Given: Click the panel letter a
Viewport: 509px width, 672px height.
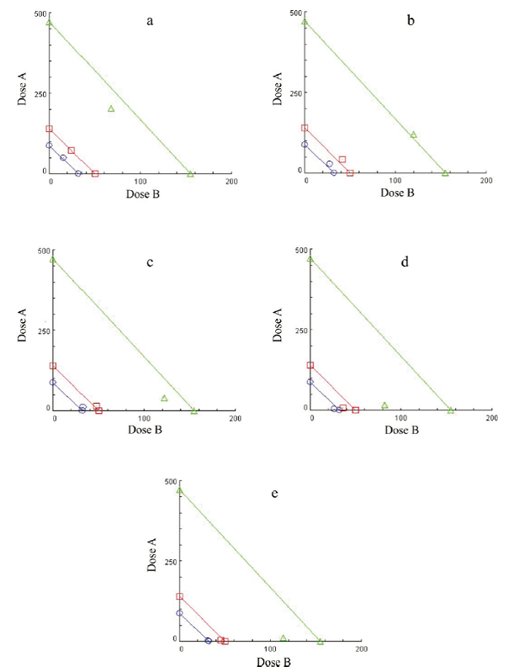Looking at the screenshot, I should (150, 22).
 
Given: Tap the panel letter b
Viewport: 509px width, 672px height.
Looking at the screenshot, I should (411, 20).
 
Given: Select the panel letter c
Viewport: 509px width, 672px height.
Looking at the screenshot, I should (150, 262).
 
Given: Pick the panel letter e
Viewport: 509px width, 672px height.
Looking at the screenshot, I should (274, 492).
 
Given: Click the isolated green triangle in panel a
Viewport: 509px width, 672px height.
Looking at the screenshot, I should (111, 108).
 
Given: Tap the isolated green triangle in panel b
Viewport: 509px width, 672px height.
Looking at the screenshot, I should (413, 134).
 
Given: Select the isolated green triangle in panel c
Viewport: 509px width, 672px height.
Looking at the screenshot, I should (164, 398).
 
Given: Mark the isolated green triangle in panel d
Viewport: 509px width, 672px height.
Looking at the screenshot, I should (384, 405).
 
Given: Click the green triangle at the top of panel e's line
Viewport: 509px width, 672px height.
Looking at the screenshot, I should (179, 490).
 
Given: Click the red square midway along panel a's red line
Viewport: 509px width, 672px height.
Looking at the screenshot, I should (71, 151).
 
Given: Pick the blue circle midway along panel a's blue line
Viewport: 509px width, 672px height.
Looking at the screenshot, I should (63, 157).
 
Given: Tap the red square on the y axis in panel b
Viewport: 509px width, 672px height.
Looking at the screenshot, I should (305, 128).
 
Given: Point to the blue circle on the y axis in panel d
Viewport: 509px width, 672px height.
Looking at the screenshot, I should (310, 382).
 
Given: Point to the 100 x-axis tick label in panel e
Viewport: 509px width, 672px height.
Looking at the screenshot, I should (271, 649).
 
